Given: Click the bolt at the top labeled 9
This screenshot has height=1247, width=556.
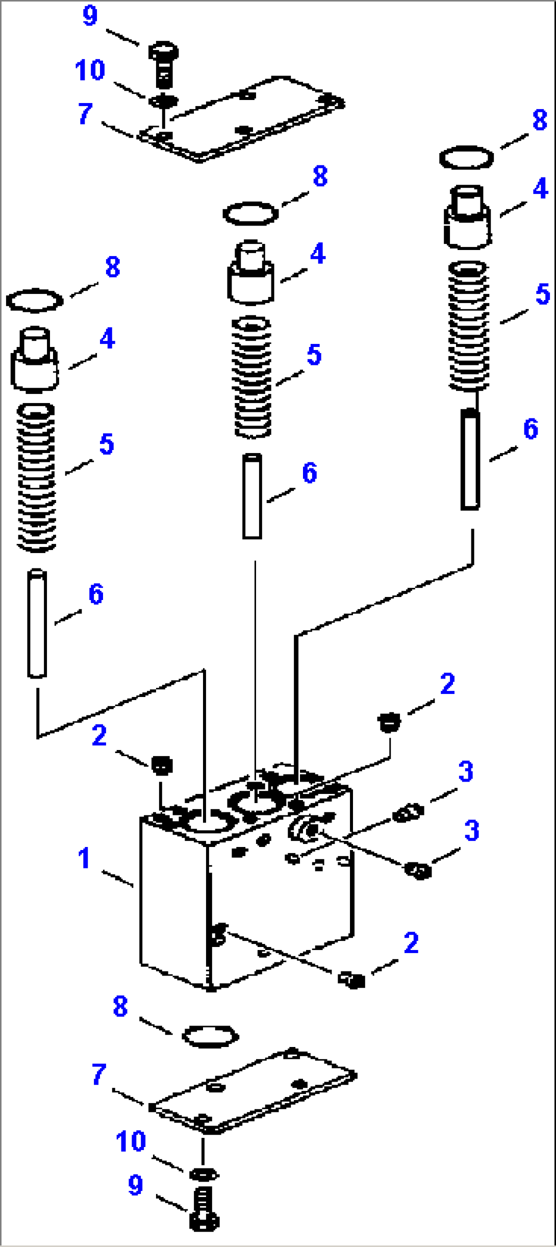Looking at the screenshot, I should (163, 64).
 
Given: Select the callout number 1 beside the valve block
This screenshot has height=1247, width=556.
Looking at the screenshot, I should (84, 858).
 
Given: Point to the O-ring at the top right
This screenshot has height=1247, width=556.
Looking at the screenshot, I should (466, 158).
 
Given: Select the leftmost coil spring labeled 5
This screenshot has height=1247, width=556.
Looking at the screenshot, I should (36, 478).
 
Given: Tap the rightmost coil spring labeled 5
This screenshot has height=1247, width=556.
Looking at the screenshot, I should (468, 326).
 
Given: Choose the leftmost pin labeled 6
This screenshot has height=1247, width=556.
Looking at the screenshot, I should (37, 624).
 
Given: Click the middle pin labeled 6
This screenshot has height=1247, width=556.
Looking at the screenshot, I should (252, 496).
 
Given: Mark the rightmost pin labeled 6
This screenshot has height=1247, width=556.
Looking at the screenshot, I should (470, 459).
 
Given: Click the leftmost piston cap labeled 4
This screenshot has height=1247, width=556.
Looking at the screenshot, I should (34, 360).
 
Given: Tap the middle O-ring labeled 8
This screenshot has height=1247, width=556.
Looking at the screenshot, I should (250, 213).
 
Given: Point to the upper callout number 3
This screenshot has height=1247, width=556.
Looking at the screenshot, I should (466, 771).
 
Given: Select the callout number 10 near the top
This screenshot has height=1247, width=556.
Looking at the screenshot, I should (90, 70).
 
